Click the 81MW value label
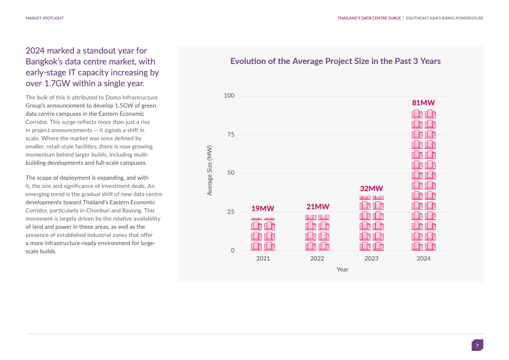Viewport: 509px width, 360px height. click(423, 103)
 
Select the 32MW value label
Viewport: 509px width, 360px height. click(371, 188)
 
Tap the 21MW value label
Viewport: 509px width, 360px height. click(317, 207)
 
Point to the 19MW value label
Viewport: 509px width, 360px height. click(263, 209)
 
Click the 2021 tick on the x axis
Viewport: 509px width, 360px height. click(263, 258)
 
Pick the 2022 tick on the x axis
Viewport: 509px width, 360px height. click(317, 258)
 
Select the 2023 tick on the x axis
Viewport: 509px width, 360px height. click(371, 258)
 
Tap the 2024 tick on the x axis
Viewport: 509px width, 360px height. click(424, 258)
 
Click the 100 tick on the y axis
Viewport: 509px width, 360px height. click(229, 95)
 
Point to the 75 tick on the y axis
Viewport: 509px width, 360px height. click(231, 134)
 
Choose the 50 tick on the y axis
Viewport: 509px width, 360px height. click(231, 173)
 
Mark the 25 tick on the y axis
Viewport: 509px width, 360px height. click(231, 212)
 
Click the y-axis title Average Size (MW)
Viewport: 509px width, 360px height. click(210, 171)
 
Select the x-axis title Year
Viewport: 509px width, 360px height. click(342, 270)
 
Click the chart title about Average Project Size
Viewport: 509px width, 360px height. click(336, 61)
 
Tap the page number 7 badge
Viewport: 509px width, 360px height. click(477, 345)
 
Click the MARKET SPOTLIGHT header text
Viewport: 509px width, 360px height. click(44, 18)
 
